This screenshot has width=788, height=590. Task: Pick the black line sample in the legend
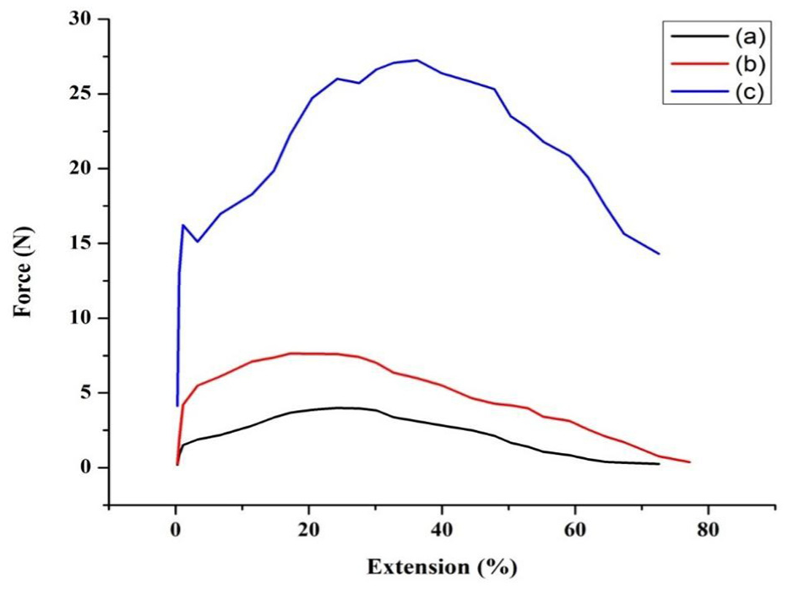pos(698,36)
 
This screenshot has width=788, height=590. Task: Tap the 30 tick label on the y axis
pos(83,19)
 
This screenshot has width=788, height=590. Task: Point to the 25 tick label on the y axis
pos(83,93)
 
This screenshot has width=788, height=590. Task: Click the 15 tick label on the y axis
pos(83,243)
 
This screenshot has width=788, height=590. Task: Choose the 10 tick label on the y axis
pos(83,318)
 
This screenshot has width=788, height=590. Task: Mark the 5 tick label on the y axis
pos(88,393)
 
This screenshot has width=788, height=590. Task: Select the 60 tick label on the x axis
pos(574,531)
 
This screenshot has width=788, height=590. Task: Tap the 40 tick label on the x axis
pos(442,531)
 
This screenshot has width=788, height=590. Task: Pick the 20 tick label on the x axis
pos(308,531)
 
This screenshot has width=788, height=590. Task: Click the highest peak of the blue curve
pos(416,60)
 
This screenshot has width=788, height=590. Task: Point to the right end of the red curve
pos(689,462)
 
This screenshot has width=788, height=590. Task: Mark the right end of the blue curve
pos(659,254)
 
